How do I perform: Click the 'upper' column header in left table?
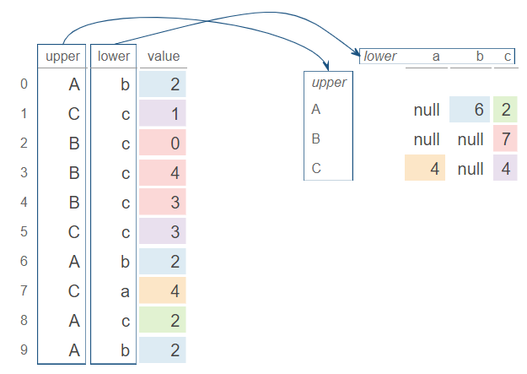[62, 57]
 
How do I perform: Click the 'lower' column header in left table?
[113, 57]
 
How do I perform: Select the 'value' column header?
[163, 57]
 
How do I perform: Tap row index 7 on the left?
[24, 290]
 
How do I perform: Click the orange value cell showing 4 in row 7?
[163, 290]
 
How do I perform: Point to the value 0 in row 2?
[163, 144]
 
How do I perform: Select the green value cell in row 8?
[163, 320]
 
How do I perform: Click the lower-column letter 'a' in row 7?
[125, 290]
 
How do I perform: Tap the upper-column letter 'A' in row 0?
[74, 84]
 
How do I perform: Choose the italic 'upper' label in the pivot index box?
[328, 83]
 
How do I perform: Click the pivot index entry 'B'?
[316, 138]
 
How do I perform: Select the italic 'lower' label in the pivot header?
[380, 57]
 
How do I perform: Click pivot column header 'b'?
[479, 57]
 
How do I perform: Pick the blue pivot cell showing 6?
[470, 110]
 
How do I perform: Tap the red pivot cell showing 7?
[505, 138]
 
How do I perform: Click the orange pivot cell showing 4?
[425, 168]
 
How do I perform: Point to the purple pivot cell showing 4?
[505, 168]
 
